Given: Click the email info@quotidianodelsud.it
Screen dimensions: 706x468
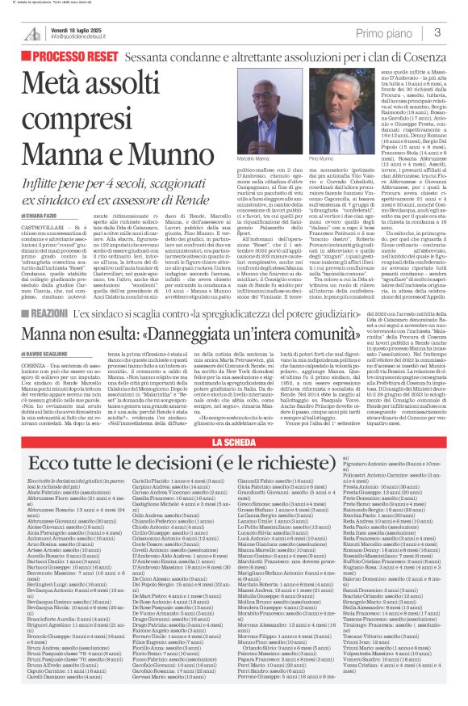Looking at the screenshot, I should (x=88, y=37).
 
